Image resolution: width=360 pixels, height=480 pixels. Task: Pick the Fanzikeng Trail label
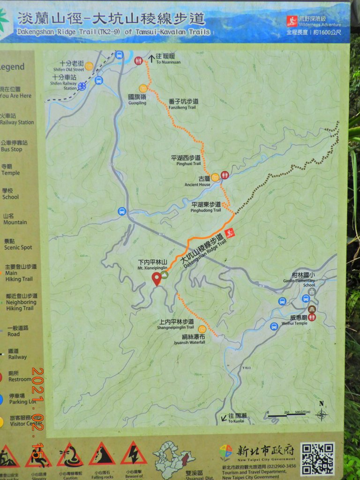(x=182, y=104)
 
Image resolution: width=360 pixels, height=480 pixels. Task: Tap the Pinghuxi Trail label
(x=186, y=161)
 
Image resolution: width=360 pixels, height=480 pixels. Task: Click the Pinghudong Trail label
(x=206, y=207)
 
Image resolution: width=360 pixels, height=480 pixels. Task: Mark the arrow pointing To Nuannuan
(x=151, y=59)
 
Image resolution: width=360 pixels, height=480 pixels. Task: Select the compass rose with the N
(x=322, y=413)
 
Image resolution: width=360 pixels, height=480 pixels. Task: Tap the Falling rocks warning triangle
(x=102, y=454)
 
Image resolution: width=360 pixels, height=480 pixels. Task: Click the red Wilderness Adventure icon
(x=292, y=21)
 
